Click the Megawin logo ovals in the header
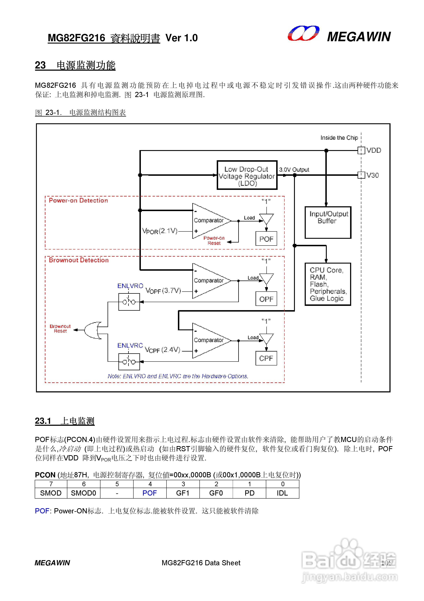tap(303, 34)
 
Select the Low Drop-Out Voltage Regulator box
tap(247, 175)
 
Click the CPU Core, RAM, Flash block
tap(328, 284)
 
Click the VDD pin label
tap(374, 150)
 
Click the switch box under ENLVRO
tap(129, 302)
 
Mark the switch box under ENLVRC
tap(129, 362)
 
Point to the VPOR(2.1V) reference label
tap(160, 231)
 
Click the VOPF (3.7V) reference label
tap(163, 291)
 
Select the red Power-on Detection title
tap(78, 201)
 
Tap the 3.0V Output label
tap(294, 170)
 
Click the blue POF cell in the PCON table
tap(150, 493)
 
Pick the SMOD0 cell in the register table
tap(83, 493)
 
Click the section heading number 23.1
tap(43, 421)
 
